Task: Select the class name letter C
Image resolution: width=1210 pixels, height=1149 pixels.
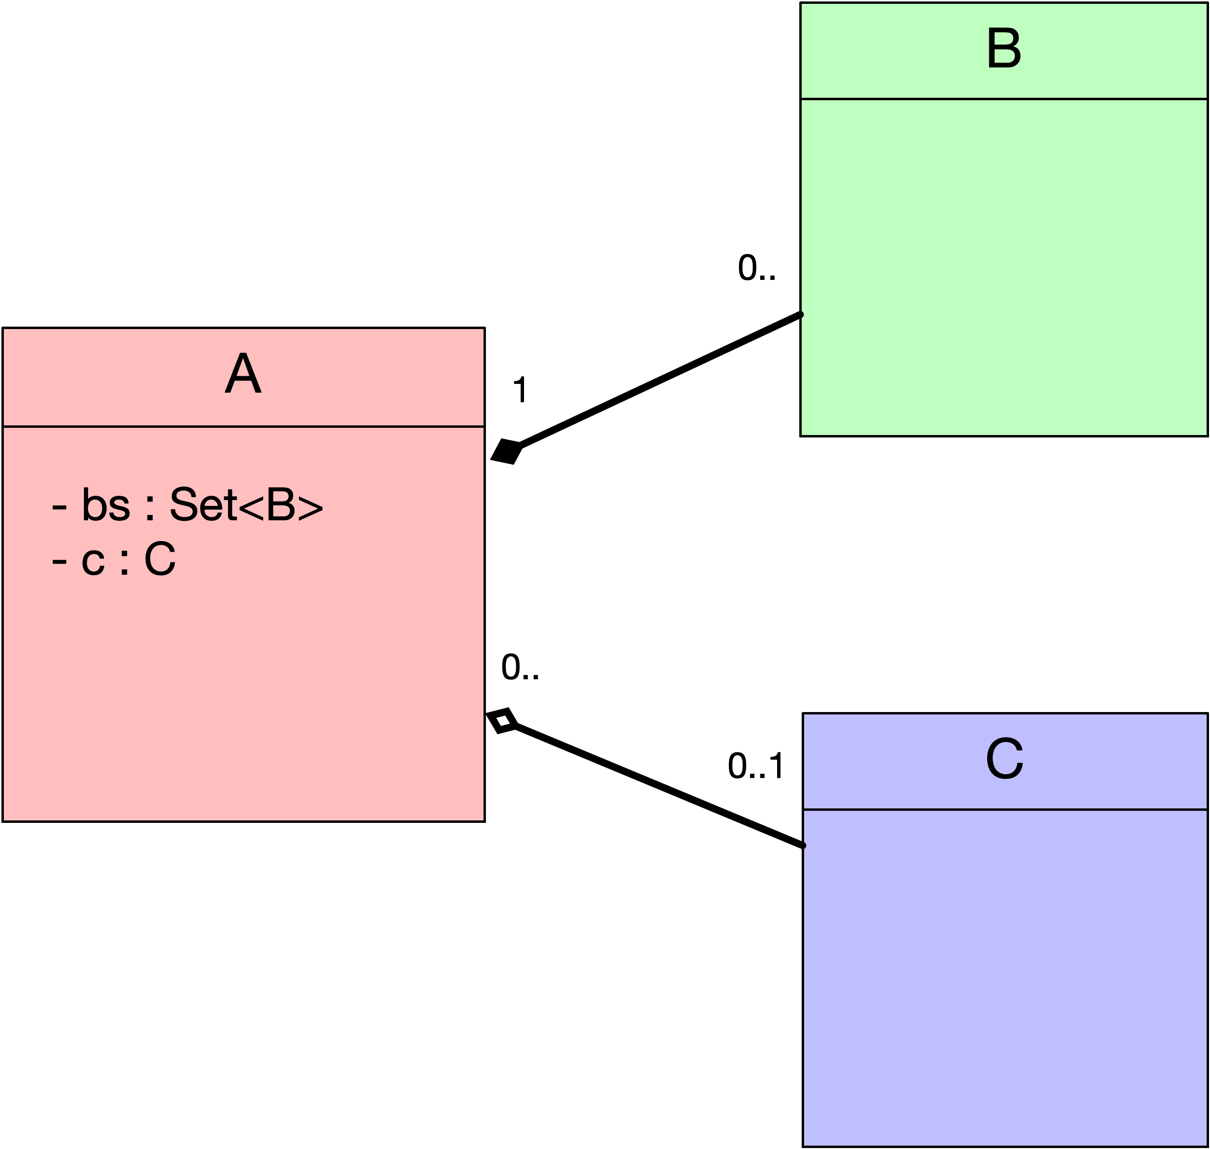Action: [1005, 758]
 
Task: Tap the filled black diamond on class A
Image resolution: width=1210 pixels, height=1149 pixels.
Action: [506, 451]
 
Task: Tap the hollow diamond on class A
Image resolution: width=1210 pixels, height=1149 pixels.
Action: [502, 721]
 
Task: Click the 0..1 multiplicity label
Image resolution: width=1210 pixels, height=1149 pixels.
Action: [756, 766]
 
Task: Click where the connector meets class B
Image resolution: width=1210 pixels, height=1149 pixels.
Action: [801, 314]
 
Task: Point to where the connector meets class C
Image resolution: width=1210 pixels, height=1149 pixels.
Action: [803, 846]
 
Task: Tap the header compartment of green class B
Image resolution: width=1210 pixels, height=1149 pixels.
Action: [1004, 51]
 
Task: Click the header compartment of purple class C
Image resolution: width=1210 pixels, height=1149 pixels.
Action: [1005, 761]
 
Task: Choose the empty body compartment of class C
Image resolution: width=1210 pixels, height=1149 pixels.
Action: [1005, 978]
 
